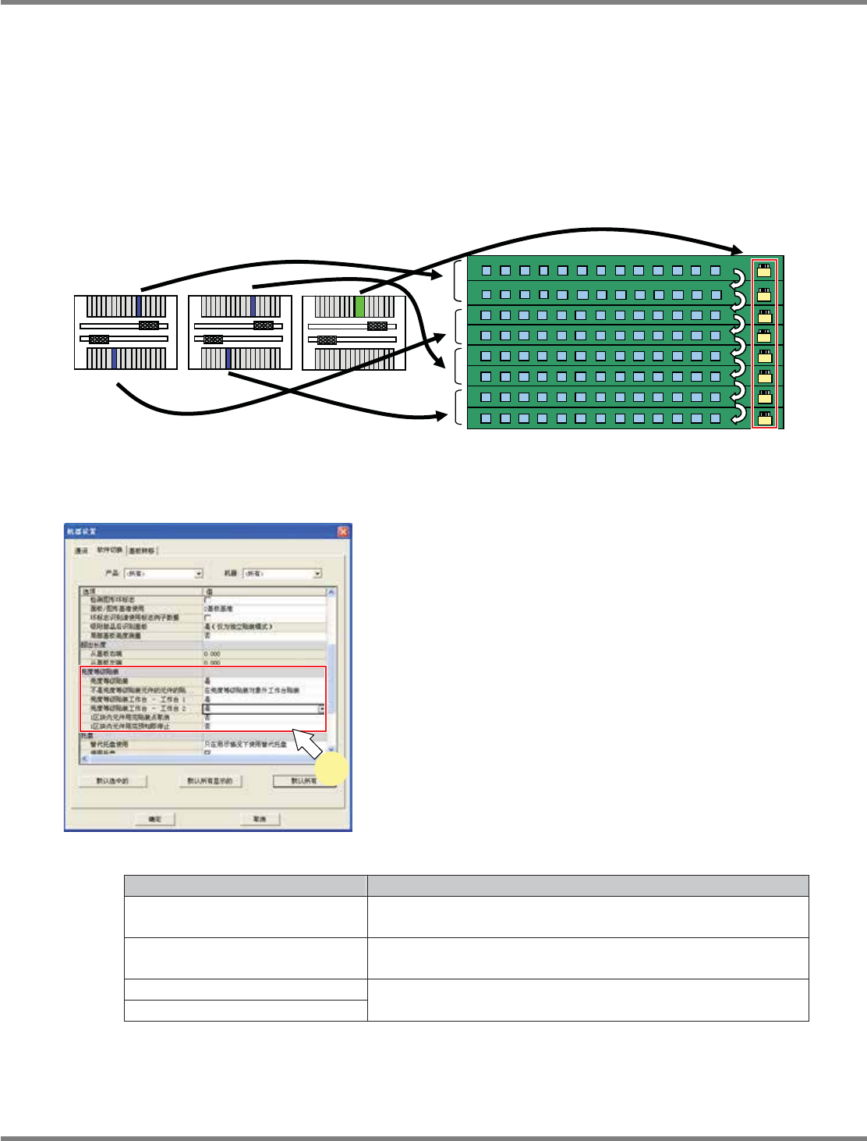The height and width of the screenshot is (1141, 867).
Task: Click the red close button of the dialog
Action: pos(342,531)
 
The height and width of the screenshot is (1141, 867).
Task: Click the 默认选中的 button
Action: pos(113,780)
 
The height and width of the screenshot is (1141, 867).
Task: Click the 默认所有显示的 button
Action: pos(210,780)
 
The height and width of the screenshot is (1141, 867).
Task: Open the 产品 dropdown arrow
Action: pos(199,574)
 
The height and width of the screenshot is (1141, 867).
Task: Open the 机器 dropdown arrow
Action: pos(317,574)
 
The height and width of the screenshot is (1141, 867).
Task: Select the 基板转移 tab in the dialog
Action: pos(142,550)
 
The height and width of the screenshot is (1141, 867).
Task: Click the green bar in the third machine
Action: pos(359,306)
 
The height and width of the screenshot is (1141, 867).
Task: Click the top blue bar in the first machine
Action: pos(139,306)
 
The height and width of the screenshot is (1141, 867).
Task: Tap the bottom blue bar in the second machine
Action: pos(228,359)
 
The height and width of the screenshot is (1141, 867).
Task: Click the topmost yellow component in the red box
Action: pos(765,271)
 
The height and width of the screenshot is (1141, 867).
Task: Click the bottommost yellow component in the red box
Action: pos(765,418)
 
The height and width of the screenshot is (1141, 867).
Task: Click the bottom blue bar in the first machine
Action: pos(114,359)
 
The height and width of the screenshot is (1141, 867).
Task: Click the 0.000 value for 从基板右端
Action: pos(212,654)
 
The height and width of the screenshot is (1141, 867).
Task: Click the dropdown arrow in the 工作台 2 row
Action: pos(321,709)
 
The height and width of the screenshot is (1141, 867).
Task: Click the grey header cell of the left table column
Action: pos(246,886)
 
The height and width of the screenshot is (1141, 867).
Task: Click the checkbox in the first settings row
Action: pos(207,599)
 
